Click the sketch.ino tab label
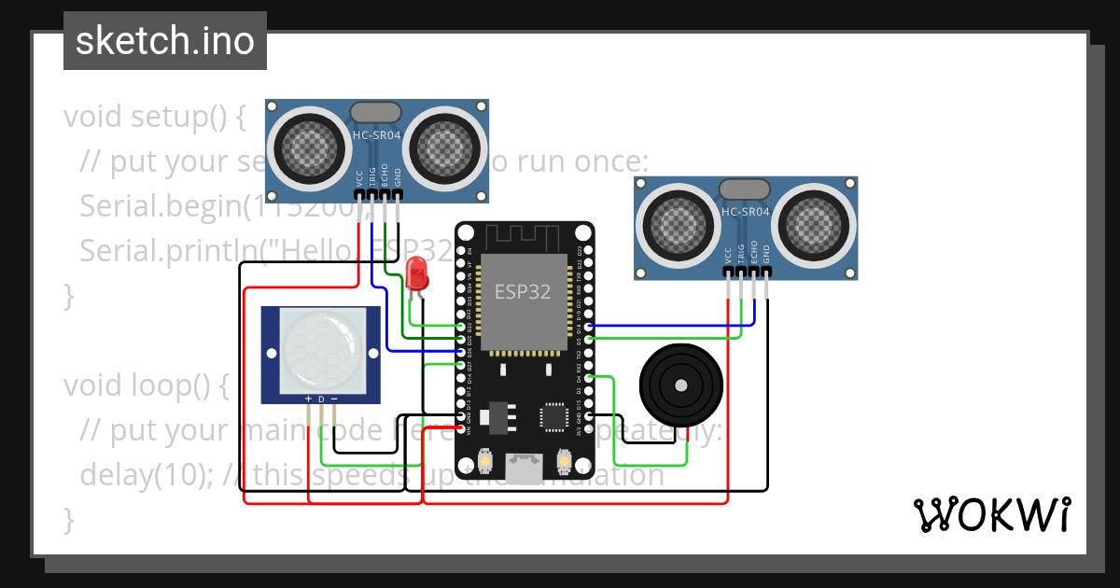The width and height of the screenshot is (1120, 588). tap(164, 41)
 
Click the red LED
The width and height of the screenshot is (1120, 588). tap(417, 274)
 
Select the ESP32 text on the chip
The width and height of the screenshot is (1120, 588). tap(522, 291)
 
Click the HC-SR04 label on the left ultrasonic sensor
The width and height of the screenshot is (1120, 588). tap(376, 135)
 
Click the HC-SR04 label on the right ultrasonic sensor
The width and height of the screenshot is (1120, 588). tap(745, 212)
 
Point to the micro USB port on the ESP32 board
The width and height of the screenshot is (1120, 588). tap(524, 465)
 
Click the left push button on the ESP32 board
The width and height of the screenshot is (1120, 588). tap(485, 461)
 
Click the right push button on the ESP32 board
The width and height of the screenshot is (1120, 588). tap(563, 461)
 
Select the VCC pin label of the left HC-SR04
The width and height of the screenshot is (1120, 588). tap(359, 178)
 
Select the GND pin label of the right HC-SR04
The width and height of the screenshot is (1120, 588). tap(766, 254)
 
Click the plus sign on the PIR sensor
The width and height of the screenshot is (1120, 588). tap(308, 399)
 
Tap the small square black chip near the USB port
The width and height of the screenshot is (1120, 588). tap(554, 416)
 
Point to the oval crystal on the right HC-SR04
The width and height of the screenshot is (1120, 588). tap(745, 189)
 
